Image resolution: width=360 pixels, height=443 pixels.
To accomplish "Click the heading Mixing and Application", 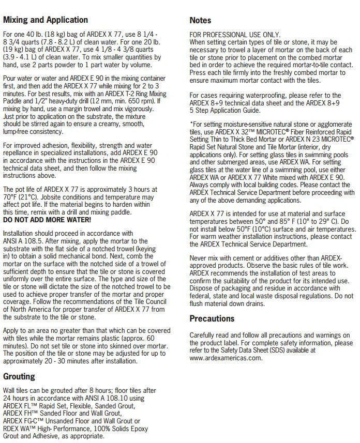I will tap(46, 20).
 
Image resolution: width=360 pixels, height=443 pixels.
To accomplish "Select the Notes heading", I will tap(200, 20).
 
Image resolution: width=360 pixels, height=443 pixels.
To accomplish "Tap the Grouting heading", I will tap(19, 376).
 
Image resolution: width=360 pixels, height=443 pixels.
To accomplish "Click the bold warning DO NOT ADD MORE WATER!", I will tap(47, 220).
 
